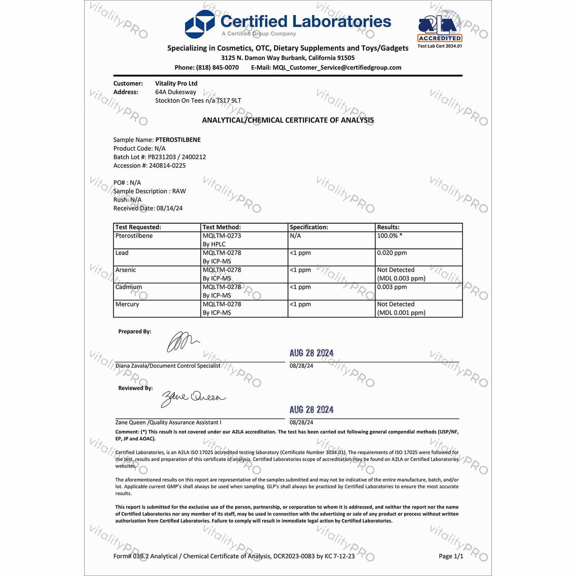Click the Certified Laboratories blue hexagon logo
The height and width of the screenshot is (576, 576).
[x=200, y=24]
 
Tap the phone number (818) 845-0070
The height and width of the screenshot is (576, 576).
[x=217, y=68]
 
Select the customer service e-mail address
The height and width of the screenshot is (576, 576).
[x=337, y=68]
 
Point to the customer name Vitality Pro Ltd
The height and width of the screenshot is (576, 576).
[x=176, y=83]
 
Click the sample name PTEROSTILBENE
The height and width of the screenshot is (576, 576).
[x=178, y=140]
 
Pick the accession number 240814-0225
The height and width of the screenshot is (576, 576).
[x=167, y=165]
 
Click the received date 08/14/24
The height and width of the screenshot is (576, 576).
[x=169, y=208]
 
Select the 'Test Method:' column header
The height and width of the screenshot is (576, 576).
[x=222, y=227]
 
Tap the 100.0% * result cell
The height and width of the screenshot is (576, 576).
[x=389, y=236]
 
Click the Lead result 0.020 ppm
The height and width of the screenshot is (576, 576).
[x=392, y=253]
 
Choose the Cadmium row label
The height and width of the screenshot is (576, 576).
[x=128, y=287]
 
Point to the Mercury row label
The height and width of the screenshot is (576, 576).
[x=127, y=304]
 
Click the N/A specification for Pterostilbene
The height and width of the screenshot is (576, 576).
[x=295, y=236]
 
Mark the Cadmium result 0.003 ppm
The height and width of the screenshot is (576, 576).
[x=392, y=287]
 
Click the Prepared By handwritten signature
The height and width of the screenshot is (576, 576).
[x=182, y=342]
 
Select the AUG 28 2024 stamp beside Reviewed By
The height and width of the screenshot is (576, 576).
[x=311, y=410]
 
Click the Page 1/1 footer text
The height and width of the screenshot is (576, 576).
[x=451, y=556]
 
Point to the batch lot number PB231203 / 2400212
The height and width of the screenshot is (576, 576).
[x=177, y=157]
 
